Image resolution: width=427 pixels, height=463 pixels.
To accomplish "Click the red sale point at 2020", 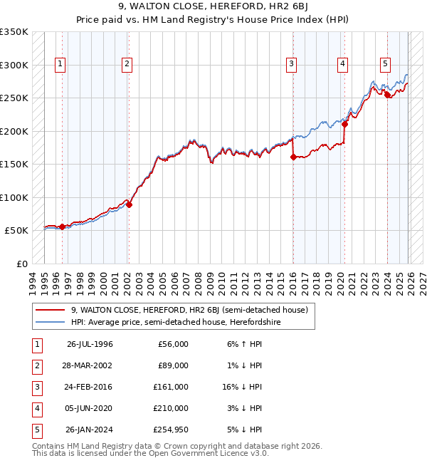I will tap(344, 124).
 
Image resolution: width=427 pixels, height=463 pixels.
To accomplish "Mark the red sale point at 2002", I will tap(130, 204).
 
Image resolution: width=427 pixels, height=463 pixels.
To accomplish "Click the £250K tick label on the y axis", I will tap(14, 98).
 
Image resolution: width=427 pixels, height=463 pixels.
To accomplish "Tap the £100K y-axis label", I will tap(14, 197).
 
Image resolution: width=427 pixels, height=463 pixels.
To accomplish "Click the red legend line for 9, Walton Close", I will tap(50, 310).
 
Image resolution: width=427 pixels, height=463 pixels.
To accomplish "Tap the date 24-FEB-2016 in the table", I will tap(90, 387).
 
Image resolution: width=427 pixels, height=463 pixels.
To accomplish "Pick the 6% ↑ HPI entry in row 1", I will tap(243, 344).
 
